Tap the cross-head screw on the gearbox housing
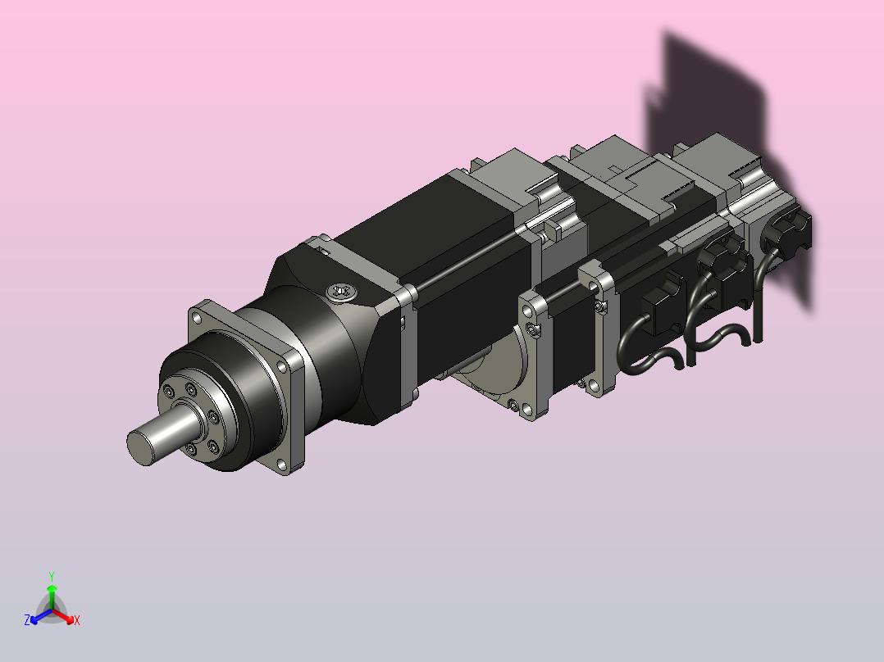point(342,292)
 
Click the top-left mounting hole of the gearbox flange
point(197,318)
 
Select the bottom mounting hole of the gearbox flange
point(281,465)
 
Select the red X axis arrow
point(63,616)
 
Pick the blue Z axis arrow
point(41,616)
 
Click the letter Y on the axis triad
point(52,576)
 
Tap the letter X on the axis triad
point(77,620)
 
